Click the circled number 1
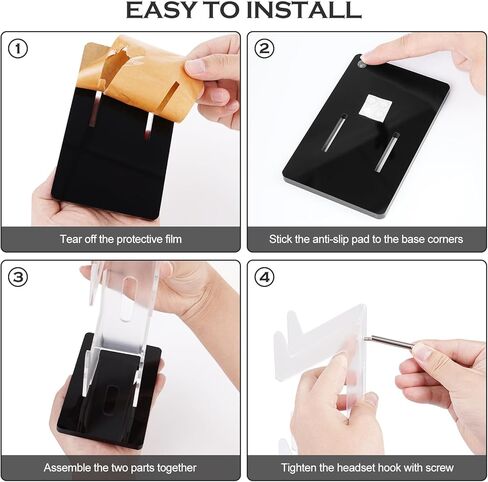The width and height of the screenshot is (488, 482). coord(18,49)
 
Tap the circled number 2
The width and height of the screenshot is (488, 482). coord(264,49)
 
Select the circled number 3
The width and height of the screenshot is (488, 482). coord(18,278)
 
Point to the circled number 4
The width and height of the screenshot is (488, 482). coord(264,278)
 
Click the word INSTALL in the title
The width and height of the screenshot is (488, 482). coord(304,10)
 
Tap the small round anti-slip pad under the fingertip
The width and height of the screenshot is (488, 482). coord(361,64)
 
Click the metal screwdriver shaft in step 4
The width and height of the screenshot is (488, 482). coord(392,342)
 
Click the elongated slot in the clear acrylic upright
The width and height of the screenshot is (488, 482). coord(128,297)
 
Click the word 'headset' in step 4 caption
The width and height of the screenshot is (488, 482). coord(356,467)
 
